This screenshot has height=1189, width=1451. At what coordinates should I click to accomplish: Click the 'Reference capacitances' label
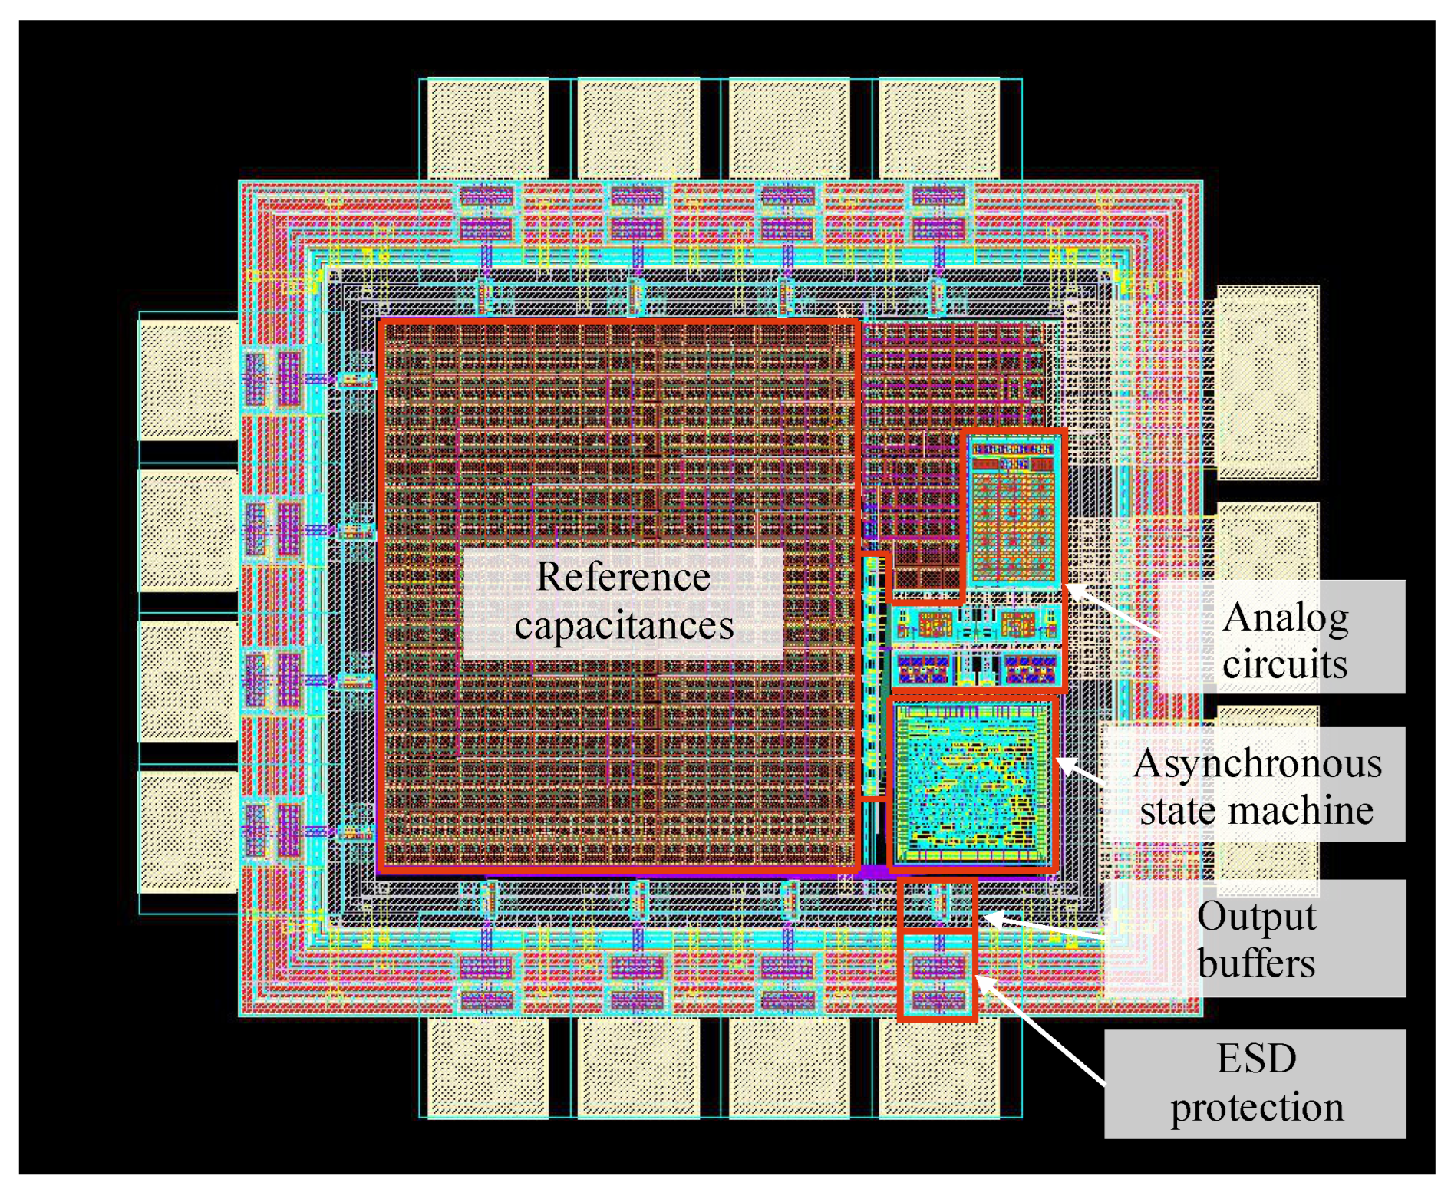[x=622, y=602]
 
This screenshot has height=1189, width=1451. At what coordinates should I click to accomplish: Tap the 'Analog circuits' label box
[x=1284, y=637]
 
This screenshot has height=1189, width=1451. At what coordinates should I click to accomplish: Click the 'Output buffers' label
[x=1255, y=938]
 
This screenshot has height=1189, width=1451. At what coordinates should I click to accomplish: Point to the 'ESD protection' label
[x=1255, y=1083]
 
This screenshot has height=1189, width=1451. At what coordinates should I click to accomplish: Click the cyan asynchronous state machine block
[x=971, y=783]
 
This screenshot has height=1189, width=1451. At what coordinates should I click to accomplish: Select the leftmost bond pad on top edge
[x=486, y=129]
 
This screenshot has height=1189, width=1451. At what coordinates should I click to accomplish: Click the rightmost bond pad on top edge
[x=939, y=129]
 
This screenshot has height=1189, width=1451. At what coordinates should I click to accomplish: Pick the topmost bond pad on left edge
[x=188, y=380]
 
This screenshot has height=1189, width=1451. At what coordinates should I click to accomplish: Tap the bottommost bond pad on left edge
[x=188, y=832]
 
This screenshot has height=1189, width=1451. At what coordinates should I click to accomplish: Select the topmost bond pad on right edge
[x=1268, y=382]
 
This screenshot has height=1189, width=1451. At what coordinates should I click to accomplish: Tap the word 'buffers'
[x=1256, y=963]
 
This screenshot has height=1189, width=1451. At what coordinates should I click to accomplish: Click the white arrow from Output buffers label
[x=1044, y=926]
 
